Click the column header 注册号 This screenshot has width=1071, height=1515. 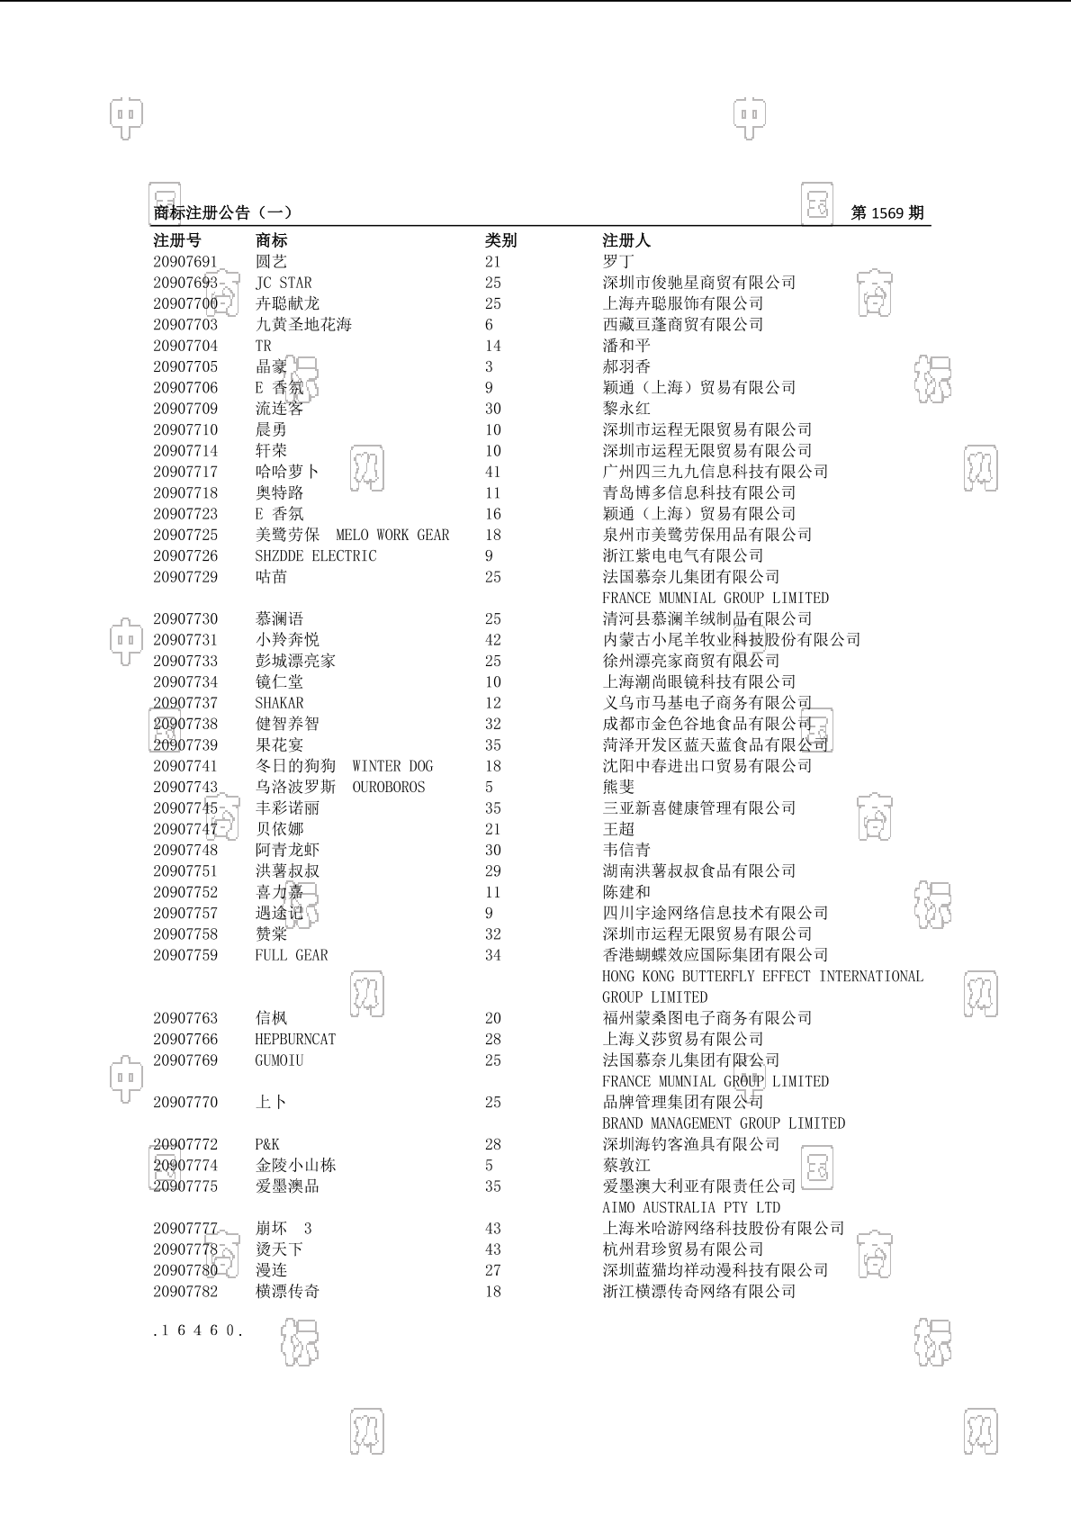177,240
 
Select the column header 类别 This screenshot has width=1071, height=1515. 500,240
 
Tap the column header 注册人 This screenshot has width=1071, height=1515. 625,240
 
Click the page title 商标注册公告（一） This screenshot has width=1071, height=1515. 222,212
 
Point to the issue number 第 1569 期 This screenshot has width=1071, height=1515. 886,212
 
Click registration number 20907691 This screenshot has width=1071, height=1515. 184,262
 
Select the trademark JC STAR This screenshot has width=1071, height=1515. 283,283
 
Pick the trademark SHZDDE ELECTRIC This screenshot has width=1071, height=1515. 315,556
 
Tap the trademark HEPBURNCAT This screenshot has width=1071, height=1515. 294,1040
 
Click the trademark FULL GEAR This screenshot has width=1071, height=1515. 291,955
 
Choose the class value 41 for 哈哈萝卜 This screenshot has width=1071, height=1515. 492,472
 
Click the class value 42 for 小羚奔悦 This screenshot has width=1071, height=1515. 492,640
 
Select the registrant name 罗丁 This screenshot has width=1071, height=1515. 617,262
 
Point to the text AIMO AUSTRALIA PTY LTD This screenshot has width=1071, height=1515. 690,1207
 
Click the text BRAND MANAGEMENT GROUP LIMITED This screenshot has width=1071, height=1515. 723,1123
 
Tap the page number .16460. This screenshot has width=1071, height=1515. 198,1330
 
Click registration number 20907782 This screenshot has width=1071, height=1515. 184,1292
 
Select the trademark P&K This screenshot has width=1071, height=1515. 266,1144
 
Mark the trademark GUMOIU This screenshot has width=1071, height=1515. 279,1060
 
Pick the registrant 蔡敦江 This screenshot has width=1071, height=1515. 625,1166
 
